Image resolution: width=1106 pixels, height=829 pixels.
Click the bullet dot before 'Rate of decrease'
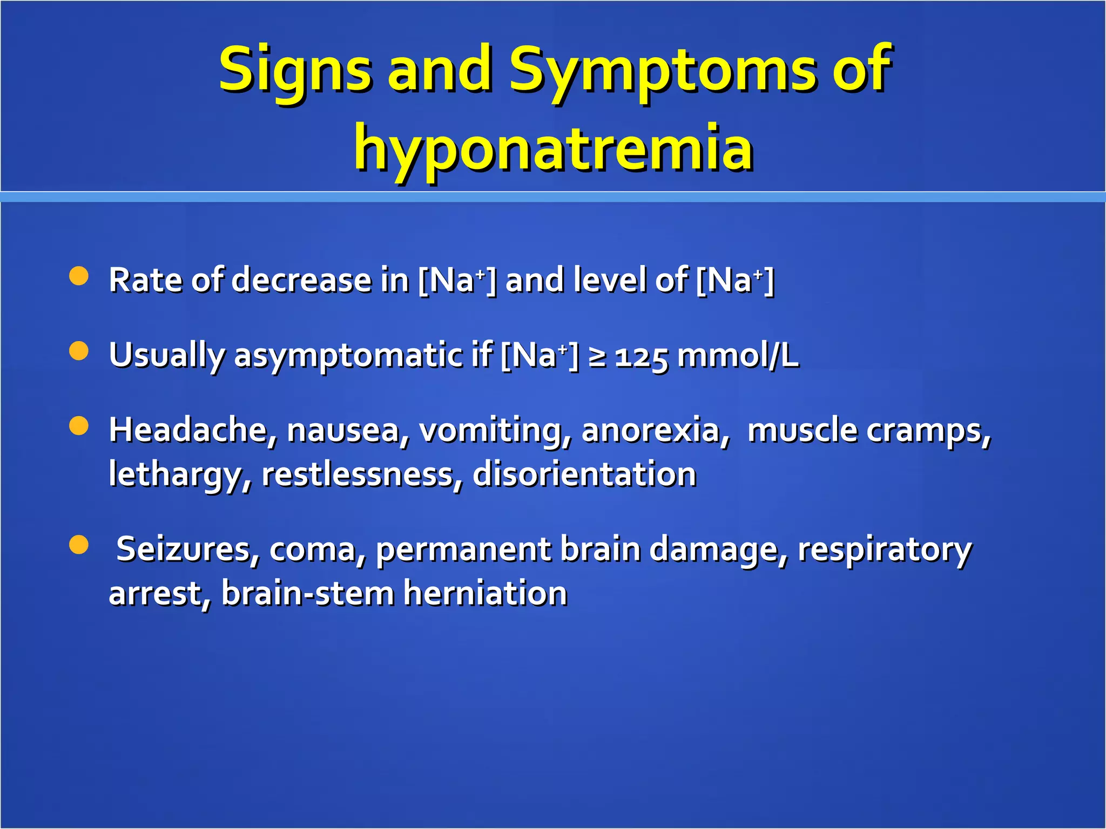79,276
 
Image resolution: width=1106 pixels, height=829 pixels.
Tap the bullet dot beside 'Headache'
79,426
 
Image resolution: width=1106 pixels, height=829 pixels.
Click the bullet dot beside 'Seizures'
79,545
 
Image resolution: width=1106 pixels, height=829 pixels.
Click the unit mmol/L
738,356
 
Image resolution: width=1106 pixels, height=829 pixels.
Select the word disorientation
584,474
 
